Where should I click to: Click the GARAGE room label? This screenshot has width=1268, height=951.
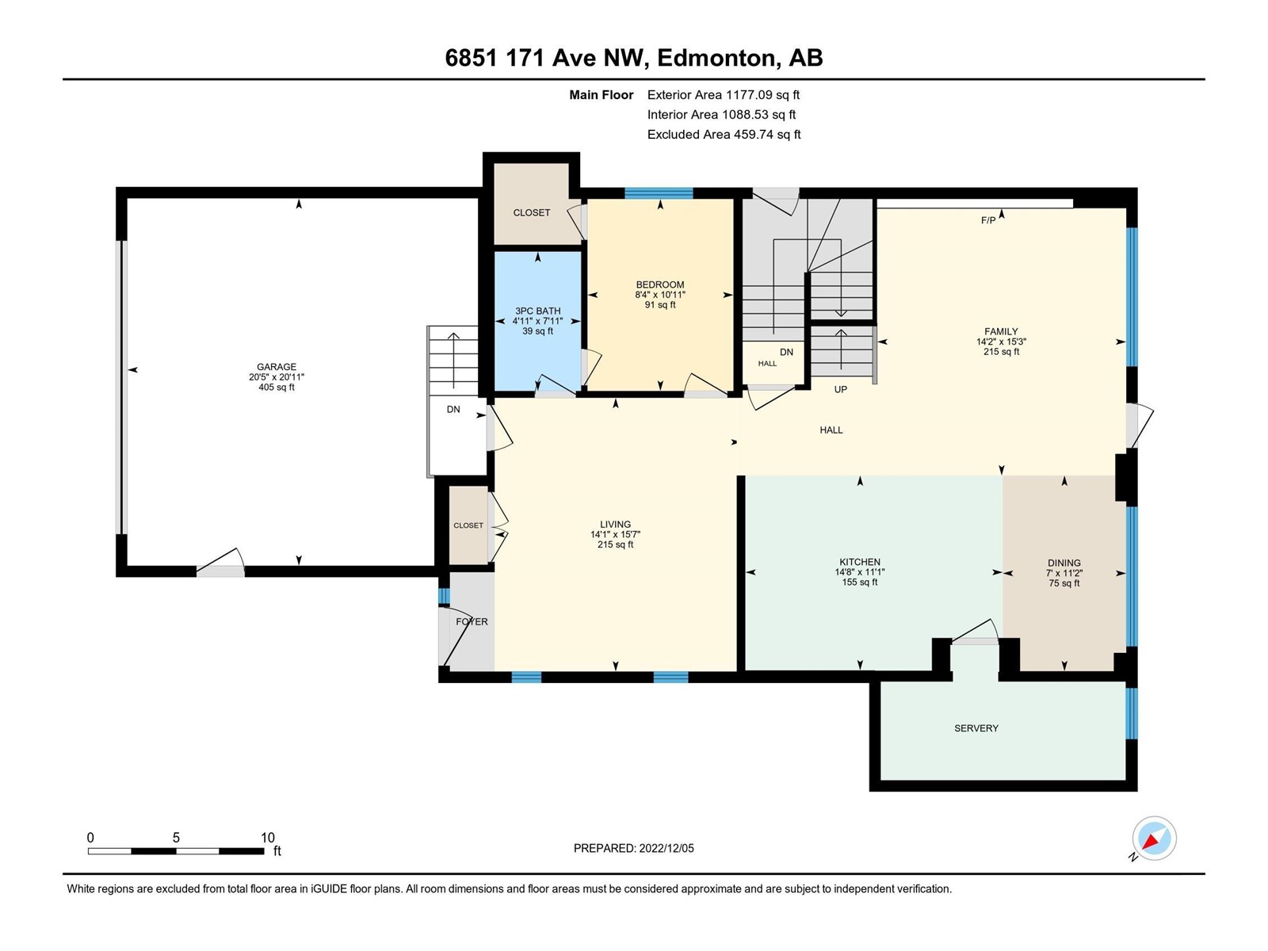coord(276,367)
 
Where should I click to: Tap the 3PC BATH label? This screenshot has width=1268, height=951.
coord(537,311)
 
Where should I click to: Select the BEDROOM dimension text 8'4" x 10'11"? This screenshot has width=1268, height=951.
coord(659,295)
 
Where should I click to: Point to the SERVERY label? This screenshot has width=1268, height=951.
coord(976,728)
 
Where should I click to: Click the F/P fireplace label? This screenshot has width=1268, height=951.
coord(987,220)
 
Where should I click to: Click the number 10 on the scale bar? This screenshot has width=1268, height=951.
coord(267,837)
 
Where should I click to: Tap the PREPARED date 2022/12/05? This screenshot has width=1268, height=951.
coord(666,848)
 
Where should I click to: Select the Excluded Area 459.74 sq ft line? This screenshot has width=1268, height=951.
coord(724,135)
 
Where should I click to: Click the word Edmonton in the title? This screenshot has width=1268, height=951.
coord(716,58)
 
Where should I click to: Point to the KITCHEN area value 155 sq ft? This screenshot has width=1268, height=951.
coord(860,582)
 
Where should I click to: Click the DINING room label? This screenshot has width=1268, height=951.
coord(1064,563)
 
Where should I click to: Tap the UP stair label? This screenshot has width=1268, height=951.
coord(840,389)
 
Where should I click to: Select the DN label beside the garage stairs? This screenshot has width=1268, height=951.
coord(453,410)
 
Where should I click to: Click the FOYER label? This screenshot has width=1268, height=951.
coord(472,621)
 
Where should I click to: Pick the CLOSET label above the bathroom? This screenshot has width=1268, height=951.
coord(532,212)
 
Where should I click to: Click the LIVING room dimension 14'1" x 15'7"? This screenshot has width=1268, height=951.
coord(615,535)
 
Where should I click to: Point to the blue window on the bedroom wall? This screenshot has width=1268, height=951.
coord(659,193)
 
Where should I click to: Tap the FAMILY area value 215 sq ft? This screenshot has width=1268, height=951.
coord(1001,351)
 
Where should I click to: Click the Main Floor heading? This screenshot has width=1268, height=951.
coord(601,94)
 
